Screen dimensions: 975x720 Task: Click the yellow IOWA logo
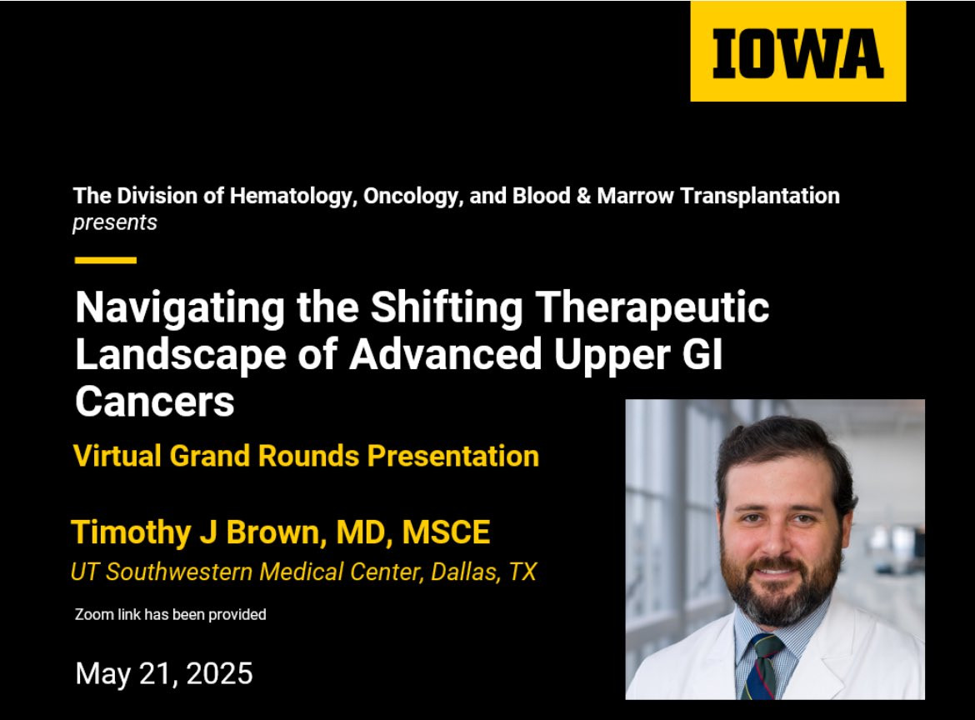pyautogui.click(x=797, y=51)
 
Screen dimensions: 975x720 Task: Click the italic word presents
pyautogui.click(x=115, y=222)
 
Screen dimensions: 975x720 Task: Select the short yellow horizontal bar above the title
pyautogui.click(x=106, y=260)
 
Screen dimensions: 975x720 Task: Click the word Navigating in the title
pyautogui.click(x=180, y=307)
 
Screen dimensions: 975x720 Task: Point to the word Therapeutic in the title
pyautogui.click(x=652, y=307)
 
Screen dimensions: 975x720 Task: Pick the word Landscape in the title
pyautogui.click(x=181, y=355)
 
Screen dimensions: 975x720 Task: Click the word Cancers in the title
pyautogui.click(x=155, y=401)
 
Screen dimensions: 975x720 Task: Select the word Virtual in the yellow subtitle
pyautogui.click(x=117, y=456)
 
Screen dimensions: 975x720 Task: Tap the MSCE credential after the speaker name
pyautogui.click(x=446, y=532)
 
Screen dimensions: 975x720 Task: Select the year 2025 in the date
pyautogui.click(x=219, y=673)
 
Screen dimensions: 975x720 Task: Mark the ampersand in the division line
pyautogui.click(x=583, y=196)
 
